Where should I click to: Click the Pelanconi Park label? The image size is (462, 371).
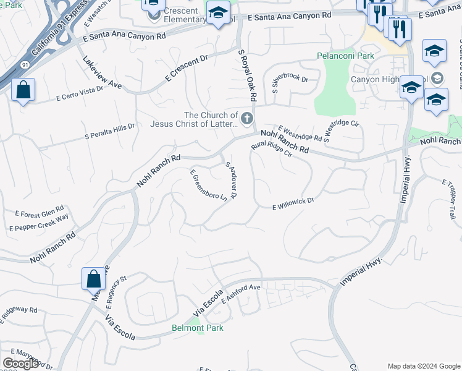point(346,56)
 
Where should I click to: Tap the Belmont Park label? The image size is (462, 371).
point(197,328)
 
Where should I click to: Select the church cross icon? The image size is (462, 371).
point(247,117)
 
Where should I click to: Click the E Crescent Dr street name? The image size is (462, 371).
point(188,69)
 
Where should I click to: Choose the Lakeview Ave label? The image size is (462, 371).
point(102,73)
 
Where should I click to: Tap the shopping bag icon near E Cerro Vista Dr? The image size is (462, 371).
point(23,90)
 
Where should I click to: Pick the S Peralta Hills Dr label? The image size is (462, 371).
point(110,131)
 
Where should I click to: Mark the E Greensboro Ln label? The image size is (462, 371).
point(206,184)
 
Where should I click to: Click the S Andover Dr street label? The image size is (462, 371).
point(232,180)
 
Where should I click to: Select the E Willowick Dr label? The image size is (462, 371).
point(293,204)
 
